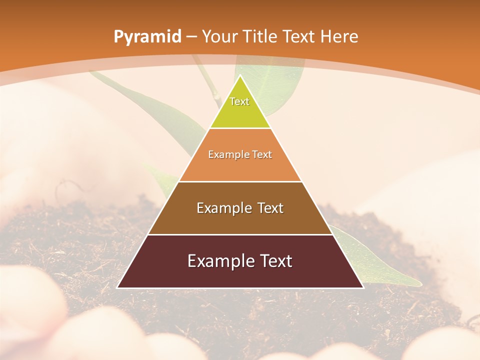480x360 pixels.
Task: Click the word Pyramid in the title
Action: point(147,37)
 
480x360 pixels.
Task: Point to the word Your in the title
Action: point(219,37)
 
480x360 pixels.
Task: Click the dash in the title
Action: point(192,37)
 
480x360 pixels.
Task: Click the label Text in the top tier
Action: point(239,101)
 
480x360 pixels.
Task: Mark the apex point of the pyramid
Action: point(240,76)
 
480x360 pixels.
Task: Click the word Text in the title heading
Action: point(301,37)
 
